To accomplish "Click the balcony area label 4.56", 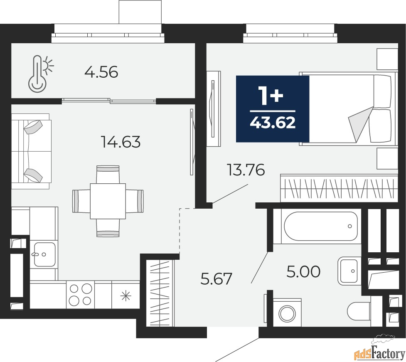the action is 101,72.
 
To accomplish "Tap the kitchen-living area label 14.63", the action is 121,142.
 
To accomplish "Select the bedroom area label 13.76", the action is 246,170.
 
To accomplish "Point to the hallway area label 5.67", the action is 217,278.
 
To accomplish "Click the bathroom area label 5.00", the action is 303,272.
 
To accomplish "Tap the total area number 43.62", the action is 273,123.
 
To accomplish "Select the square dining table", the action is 108,201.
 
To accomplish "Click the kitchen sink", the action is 44,254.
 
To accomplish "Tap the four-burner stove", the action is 81,294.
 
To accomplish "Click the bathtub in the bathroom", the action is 321,226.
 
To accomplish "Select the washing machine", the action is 287,312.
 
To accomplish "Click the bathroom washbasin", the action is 349,271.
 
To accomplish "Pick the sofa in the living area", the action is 31,151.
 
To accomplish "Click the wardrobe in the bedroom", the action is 339,188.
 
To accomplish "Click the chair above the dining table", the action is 108,175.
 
